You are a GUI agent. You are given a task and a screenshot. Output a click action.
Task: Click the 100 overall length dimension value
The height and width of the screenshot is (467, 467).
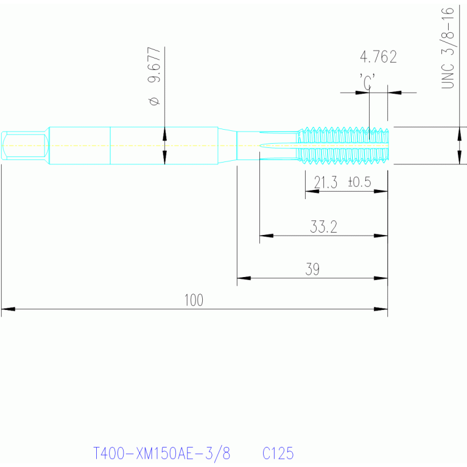click(x=194, y=300)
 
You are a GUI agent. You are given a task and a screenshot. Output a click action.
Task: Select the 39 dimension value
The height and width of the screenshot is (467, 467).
click(x=312, y=269)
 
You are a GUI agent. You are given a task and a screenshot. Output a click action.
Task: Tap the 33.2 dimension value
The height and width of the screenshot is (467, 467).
click(x=323, y=226)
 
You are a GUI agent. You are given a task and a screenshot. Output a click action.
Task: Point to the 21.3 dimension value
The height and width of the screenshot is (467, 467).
click(x=326, y=182)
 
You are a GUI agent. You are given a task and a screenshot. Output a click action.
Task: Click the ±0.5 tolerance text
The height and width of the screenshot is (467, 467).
click(x=359, y=182)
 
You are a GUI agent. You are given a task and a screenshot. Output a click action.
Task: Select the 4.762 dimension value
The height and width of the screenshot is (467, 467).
click(x=378, y=57)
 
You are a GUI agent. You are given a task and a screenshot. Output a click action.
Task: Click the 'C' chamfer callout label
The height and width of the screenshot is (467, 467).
click(x=367, y=82)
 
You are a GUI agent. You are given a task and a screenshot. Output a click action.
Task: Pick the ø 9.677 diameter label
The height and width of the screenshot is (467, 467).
click(x=154, y=76)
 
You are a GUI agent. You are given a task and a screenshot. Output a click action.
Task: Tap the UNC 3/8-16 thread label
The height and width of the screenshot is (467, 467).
click(x=448, y=48)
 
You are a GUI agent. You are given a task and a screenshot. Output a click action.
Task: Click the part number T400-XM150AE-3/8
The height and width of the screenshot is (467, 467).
click(x=162, y=453)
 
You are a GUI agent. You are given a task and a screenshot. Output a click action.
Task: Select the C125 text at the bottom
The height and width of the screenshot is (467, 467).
click(x=278, y=453)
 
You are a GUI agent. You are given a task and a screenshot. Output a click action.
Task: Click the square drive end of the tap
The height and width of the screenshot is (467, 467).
click(x=25, y=146)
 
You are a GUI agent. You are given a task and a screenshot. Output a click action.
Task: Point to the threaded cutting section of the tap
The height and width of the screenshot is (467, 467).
click(x=343, y=146)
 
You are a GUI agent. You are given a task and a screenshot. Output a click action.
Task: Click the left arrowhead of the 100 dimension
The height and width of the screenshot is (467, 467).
click(x=9, y=309)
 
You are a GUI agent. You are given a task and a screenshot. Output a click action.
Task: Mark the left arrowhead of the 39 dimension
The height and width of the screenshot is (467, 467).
click(x=244, y=278)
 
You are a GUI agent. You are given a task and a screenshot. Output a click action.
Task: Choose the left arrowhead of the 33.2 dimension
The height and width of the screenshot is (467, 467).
click(x=267, y=236)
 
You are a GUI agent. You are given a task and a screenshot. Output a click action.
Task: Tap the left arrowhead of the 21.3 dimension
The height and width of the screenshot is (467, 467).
click(x=312, y=191)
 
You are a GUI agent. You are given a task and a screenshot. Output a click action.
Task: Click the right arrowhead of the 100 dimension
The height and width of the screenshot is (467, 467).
click(x=381, y=309)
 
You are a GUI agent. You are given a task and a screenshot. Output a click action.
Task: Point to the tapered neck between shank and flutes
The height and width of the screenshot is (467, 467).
click(x=227, y=146)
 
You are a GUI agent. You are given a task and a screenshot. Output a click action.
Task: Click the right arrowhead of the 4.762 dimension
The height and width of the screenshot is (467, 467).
click(x=395, y=93)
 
